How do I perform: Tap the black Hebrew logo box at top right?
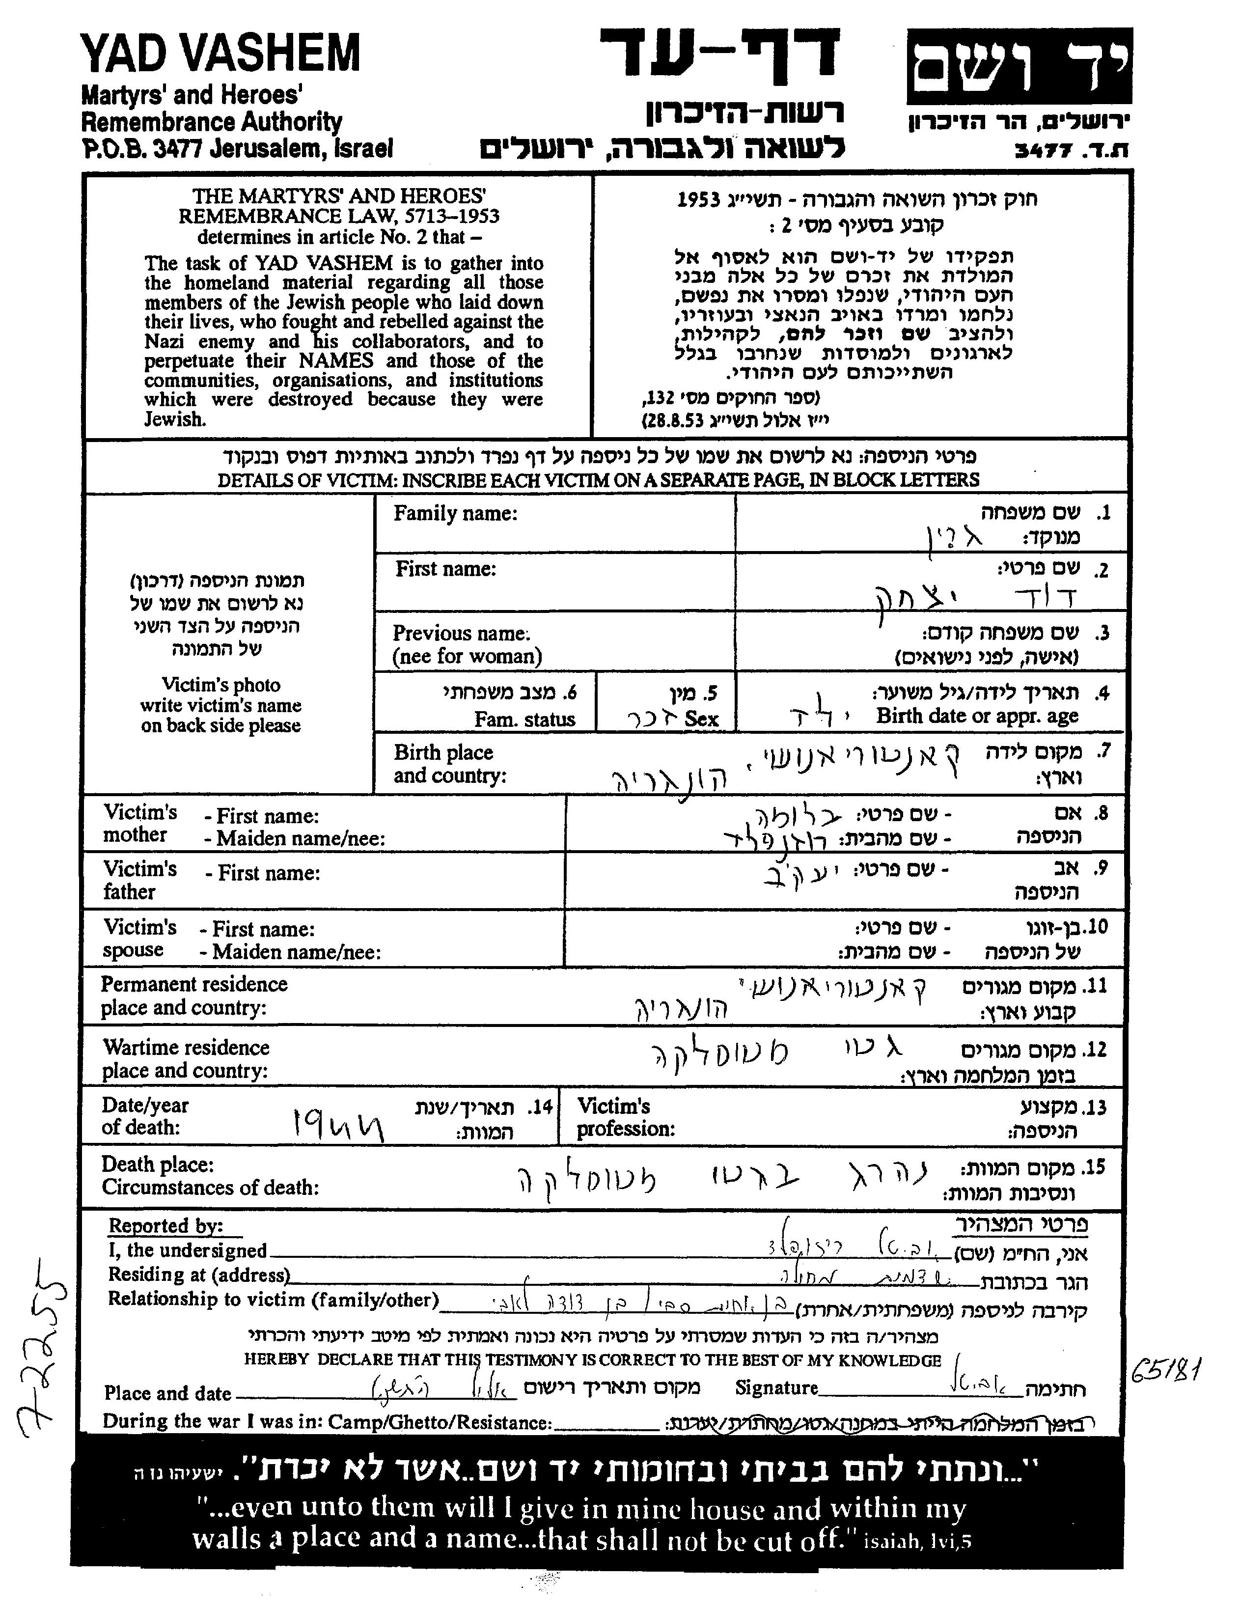[x=1019, y=66]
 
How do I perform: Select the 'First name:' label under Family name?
[x=445, y=569]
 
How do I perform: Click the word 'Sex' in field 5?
[x=701, y=719]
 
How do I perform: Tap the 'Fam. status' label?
[x=524, y=719]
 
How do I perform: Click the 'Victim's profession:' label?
[x=626, y=1117]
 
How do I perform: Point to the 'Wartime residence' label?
[x=186, y=1047]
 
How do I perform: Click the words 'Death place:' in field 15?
[x=158, y=1164]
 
